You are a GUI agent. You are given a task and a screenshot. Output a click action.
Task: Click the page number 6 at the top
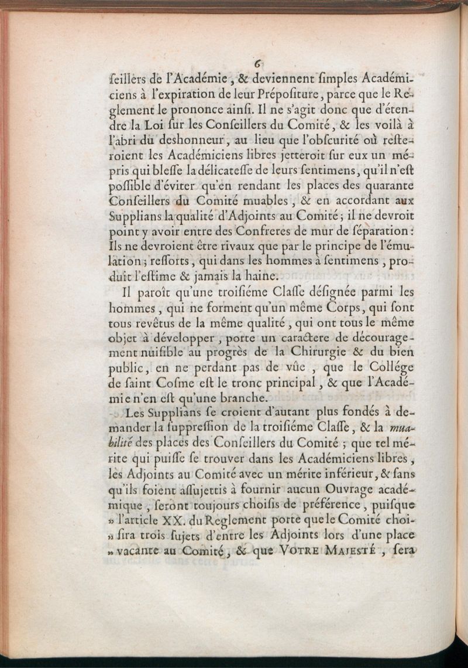click(x=257, y=66)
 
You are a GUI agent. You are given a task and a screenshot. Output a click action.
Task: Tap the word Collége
click(x=390, y=367)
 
